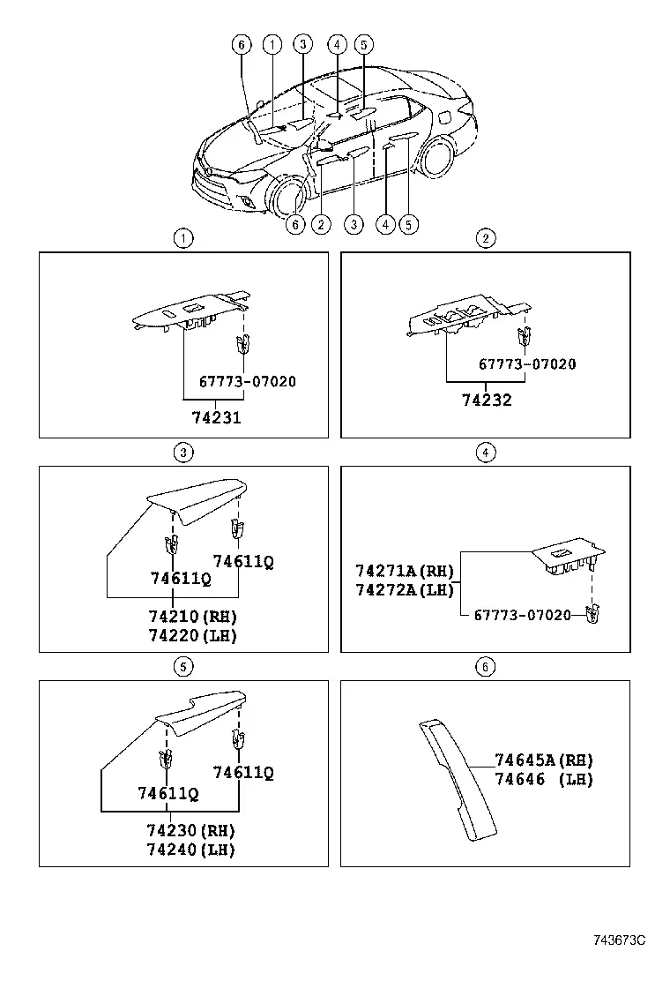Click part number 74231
tap(216, 417)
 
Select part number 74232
tap(487, 400)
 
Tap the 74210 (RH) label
tap(192, 617)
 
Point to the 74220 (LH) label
tap(192, 636)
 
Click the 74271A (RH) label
tap(405, 571)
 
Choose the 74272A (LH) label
tap(405, 589)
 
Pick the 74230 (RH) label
tap(190, 831)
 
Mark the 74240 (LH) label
tap(190, 850)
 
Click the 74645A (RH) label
tap(544, 760)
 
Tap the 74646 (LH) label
tap(544, 779)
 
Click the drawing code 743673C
tap(620, 940)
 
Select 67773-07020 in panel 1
tap(248, 382)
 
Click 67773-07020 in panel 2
tap(527, 364)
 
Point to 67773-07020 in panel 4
tap(523, 615)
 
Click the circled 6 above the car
tap(242, 44)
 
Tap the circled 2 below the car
tap(321, 224)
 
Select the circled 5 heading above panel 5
tap(182, 667)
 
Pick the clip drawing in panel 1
tap(243, 345)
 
